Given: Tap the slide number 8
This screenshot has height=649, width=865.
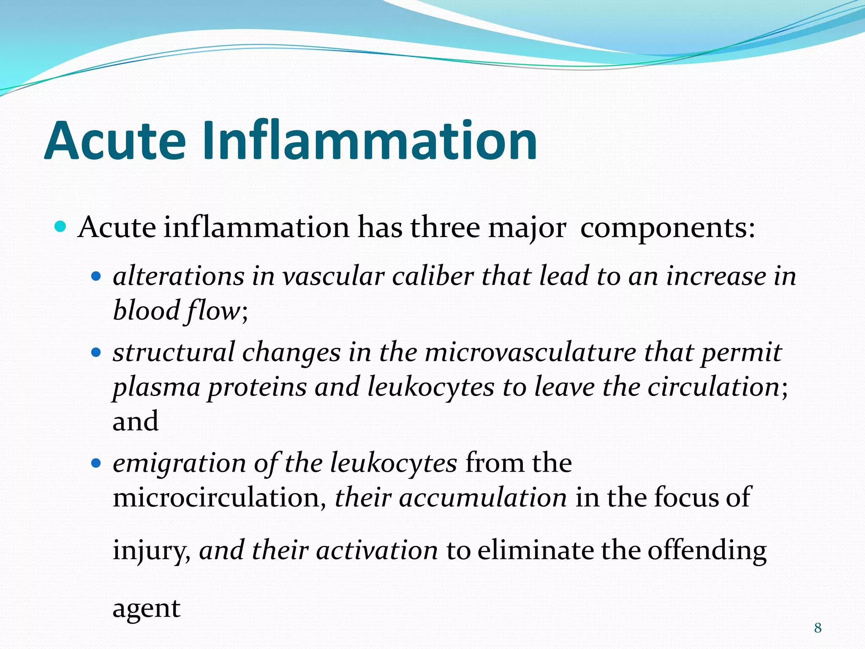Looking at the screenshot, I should tap(818, 628).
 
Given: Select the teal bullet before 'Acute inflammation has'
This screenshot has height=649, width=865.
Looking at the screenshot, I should tap(61, 227).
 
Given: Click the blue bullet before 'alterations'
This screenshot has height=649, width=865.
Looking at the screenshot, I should tap(96, 277).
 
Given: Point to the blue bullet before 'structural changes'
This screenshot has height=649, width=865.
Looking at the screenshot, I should tap(96, 352).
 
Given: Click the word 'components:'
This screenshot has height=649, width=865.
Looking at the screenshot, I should tap(667, 228).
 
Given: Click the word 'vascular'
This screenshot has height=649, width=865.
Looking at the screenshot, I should tap(333, 277).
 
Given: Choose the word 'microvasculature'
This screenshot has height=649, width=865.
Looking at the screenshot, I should tap(530, 352).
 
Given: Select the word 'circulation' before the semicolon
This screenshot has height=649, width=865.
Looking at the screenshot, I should tap(713, 387).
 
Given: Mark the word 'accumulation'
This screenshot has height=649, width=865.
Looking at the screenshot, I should tap(483, 497).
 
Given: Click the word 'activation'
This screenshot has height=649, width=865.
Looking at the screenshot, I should tap(377, 551).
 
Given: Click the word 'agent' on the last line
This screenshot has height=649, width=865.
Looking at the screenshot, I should tap(147, 609).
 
